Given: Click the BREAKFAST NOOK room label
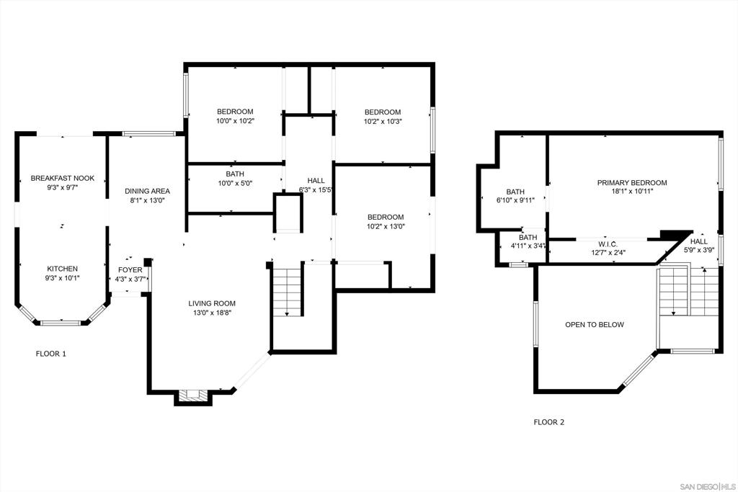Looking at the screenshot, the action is pyautogui.click(x=63, y=178).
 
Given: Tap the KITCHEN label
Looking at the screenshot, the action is pyautogui.click(x=62, y=269).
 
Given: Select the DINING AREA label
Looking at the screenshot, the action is pyautogui.click(x=147, y=191).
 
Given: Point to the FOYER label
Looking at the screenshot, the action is pyautogui.click(x=130, y=270).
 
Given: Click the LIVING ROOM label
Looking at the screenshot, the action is pyautogui.click(x=212, y=303).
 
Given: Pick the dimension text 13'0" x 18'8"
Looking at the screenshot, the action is pyautogui.click(x=212, y=313).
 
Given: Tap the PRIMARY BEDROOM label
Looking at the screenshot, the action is pyautogui.click(x=632, y=182).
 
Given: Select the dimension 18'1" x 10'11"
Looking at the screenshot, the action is pyautogui.click(x=632, y=192).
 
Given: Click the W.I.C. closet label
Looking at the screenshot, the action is pyautogui.click(x=608, y=244).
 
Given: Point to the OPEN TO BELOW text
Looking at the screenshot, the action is pyautogui.click(x=595, y=325).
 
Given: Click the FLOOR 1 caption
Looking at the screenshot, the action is pyautogui.click(x=51, y=354).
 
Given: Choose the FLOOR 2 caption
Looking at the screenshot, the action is pyautogui.click(x=548, y=422).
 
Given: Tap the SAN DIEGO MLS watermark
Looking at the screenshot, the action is pyautogui.click(x=708, y=486).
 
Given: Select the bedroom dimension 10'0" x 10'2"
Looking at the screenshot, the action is pyautogui.click(x=235, y=121).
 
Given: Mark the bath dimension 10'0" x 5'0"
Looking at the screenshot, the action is pyautogui.click(x=235, y=184).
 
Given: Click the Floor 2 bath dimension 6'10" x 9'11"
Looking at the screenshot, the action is pyautogui.click(x=515, y=200).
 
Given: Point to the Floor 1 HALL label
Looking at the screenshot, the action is pyautogui.click(x=316, y=181).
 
